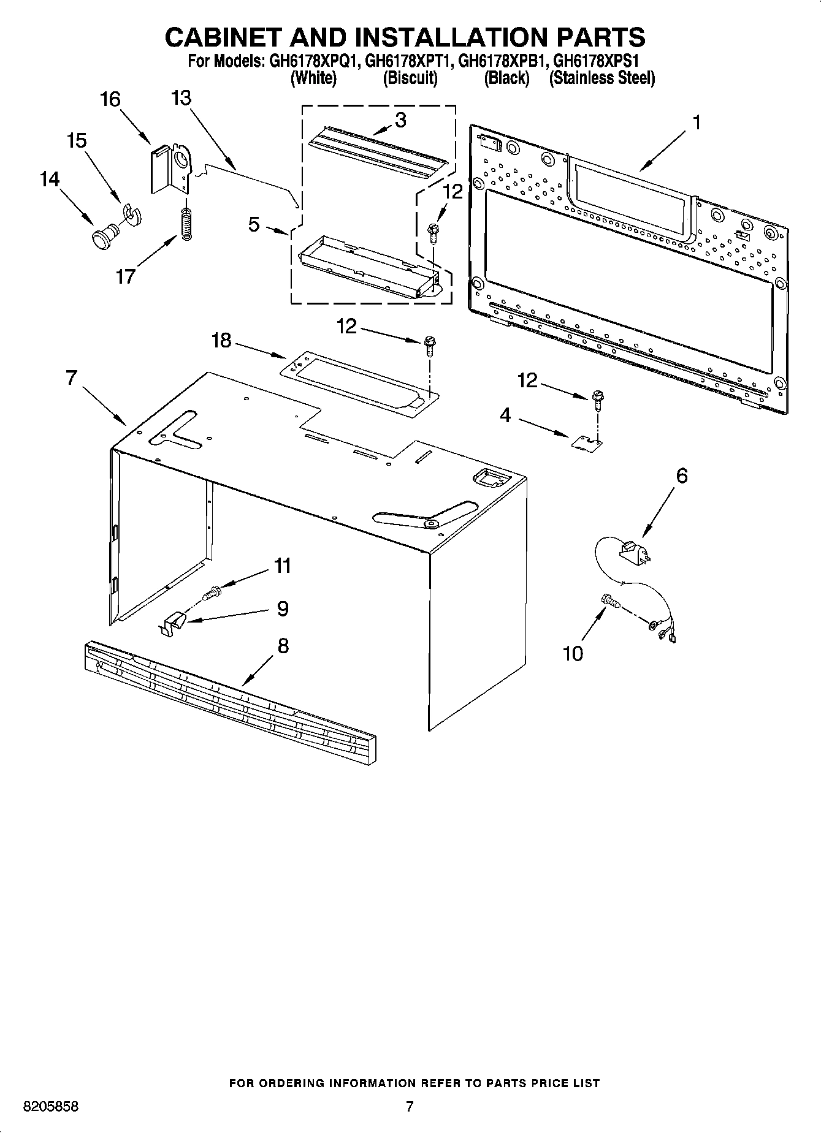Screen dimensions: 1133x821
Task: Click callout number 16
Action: [110, 99]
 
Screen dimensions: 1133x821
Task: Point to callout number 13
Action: [181, 98]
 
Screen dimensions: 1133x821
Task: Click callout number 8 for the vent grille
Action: [283, 645]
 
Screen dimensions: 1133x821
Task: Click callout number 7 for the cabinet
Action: [72, 378]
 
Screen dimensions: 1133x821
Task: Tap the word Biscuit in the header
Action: [410, 78]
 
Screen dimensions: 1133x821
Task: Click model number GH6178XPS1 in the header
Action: [596, 61]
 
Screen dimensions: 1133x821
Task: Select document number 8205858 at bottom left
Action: [51, 1107]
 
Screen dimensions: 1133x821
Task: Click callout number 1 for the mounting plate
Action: [696, 123]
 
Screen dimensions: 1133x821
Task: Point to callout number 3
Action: [400, 120]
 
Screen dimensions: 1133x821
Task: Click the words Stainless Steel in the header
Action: [602, 78]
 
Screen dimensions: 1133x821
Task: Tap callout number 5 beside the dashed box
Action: [254, 224]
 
